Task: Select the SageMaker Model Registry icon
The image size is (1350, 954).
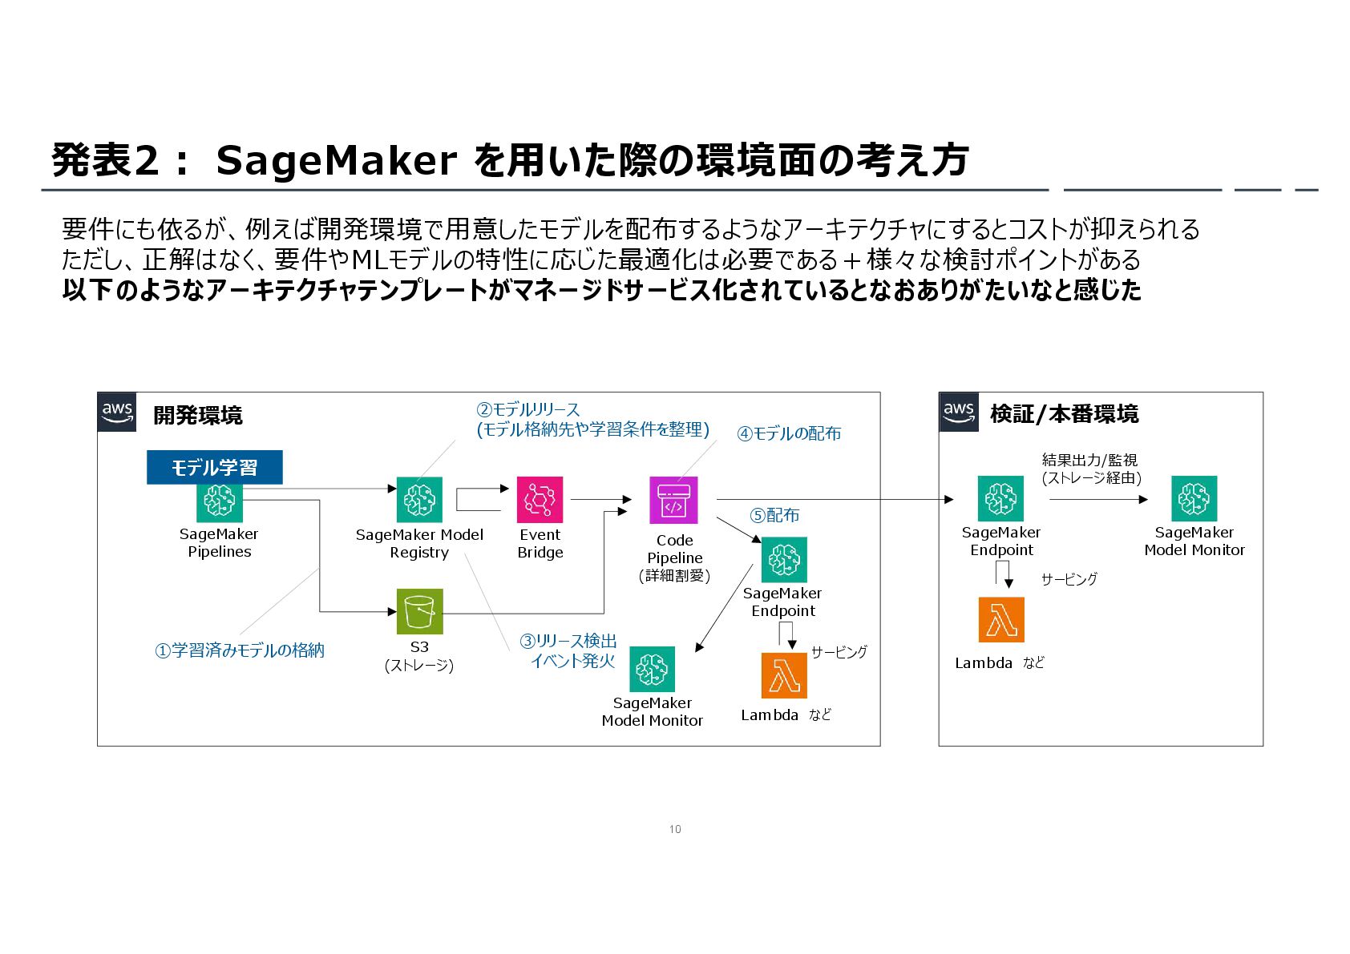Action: tap(419, 500)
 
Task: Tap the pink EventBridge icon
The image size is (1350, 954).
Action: tap(540, 500)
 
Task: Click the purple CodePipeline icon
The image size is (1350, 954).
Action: tap(673, 501)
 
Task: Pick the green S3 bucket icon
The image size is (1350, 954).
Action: tap(419, 612)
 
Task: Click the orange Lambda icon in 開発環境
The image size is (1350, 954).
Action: tap(783, 675)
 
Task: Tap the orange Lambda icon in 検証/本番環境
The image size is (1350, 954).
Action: tap(1001, 620)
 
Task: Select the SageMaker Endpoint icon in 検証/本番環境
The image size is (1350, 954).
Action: tap(1000, 498)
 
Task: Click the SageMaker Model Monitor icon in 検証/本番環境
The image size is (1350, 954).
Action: tap(1194, 498)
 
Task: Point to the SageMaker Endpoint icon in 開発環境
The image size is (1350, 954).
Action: tap(783, 559)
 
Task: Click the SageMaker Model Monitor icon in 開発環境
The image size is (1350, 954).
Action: tap(652, 669)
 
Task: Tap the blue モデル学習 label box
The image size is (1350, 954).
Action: tap(214, 468)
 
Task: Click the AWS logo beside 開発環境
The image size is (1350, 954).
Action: tap(117, 413)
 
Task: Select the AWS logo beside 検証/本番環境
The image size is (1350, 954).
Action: tap(959, 413)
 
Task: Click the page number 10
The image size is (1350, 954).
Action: tap(675, 829)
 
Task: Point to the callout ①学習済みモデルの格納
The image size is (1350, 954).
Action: tap(240, 650)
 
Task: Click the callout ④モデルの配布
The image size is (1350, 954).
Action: tap(789, 433)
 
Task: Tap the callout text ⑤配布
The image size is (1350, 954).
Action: tap(774, 515)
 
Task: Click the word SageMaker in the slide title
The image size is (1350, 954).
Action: tap(337, 160)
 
